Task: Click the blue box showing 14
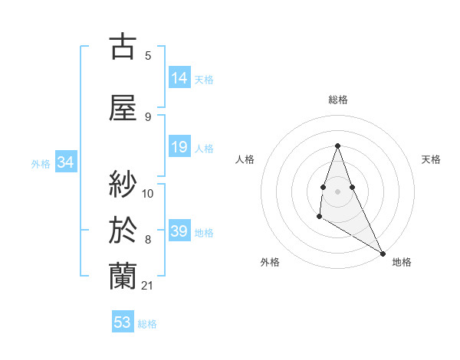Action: (x=179, y=78)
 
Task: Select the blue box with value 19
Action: (x=179, y=147)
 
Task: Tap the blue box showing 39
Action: (x=179, y=231)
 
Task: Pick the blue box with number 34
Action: (x=65, y=162)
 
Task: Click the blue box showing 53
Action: (x=123, y=322)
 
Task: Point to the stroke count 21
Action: (x=148, y=286)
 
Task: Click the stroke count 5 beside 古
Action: (x=148, y=55)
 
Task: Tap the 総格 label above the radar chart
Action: (x=337, y=100)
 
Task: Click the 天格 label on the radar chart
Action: (x=431, y=159)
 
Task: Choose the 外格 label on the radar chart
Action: (x=270, y=262)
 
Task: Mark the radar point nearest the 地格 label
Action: (x=383, y=254)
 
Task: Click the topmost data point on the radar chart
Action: (x=337, y=146)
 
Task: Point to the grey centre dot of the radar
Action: (x=337, y=191)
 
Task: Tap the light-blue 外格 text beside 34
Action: (x=41, y=163)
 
